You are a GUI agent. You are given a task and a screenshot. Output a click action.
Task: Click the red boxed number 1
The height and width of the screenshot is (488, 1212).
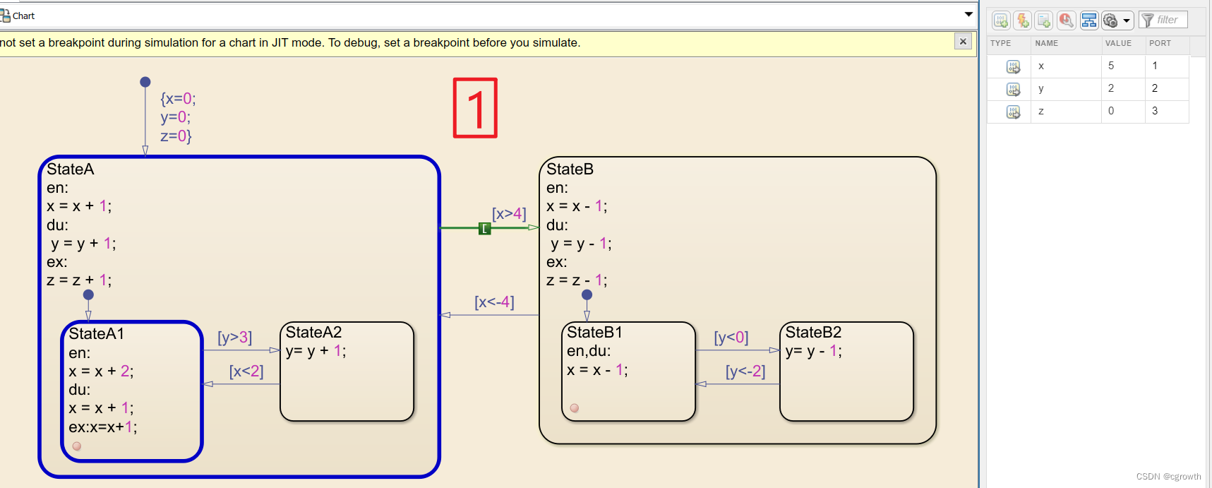pyautogui.click(x=475, y=107)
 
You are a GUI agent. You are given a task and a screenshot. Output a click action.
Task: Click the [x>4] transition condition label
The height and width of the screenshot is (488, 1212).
pyautogui.click(x=509, y=213)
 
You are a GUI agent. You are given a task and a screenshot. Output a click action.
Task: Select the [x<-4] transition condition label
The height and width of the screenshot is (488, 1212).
pyautogui.click(x=494, y=302)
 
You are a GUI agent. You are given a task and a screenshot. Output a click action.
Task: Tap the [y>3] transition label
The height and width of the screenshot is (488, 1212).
pyautogui.click(x=234, y=338)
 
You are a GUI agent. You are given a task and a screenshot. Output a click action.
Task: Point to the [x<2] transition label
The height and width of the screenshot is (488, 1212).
pyautogui.click(x=246, y=371)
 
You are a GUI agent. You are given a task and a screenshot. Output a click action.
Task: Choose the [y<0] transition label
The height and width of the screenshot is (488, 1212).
pyautogui.click(x=731, y=338)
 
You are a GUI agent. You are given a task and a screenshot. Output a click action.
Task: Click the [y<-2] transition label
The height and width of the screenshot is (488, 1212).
pyautogui.click(x=745, y=371)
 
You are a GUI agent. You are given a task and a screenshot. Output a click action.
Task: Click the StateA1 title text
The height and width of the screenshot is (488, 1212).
pyautogui.click(x=97, y=334)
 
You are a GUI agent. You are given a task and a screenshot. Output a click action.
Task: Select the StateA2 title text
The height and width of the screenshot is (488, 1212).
pyautogui.click(x=313, y=333)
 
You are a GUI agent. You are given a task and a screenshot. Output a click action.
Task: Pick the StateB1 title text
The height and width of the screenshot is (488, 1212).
pyautogui.click(x=594, y=333)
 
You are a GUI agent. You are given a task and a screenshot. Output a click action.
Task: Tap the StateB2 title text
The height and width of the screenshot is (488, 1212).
pyautogui.click(x=813, y=333)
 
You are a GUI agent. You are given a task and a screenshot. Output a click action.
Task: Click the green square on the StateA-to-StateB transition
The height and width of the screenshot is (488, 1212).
pyautogui.click(x=485, y=228)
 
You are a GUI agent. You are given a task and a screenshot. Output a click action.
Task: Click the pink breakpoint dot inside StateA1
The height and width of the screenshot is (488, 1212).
pyautogui.click(x=77, y=446)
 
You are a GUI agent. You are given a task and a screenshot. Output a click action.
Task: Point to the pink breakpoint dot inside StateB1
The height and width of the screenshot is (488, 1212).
pyautogui.click(x=575, y=408)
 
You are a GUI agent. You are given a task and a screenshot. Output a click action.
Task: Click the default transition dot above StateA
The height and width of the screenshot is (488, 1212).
pyautogui.click(x=145, y=82)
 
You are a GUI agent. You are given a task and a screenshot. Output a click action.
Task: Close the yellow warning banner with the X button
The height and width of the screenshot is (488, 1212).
pyautogui.click(x=963, y=42)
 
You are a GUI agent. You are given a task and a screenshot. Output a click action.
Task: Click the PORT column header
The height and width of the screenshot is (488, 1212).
pyautogui.click(x=1160, y=43)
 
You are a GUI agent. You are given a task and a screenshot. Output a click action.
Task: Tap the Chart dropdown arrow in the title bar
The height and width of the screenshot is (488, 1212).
pyautogui.click(x=968, y=14)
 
